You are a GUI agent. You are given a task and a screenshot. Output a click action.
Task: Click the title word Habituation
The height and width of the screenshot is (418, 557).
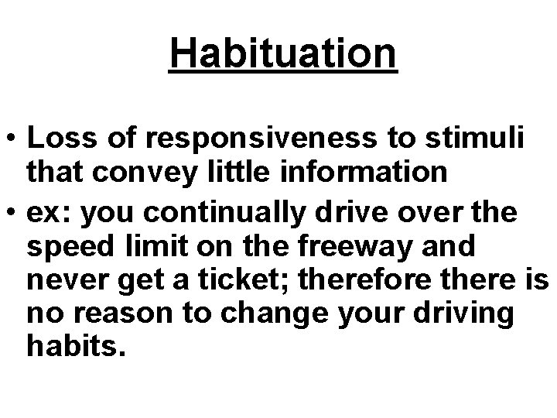[x=282, y=53]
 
